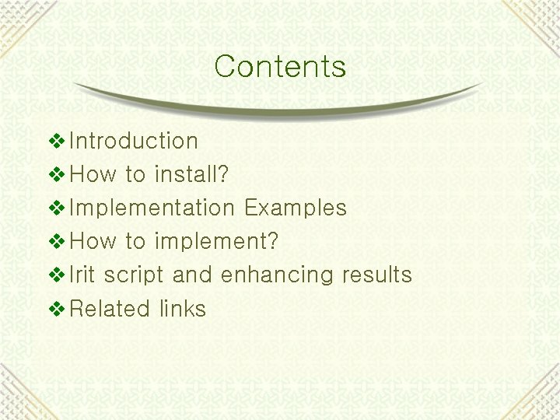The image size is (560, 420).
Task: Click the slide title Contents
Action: point(280,66)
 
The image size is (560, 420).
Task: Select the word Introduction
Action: point(134,141)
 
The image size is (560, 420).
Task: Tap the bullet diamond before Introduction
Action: point(58,141)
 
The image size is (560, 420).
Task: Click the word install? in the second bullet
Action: point(191,174)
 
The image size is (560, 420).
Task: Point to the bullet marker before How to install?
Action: point(58,174)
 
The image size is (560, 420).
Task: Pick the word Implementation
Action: point(152,208)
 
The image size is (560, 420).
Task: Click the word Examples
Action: point(295,208)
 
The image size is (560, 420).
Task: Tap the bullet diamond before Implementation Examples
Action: point(58,208)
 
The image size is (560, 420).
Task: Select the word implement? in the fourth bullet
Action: point(216,242)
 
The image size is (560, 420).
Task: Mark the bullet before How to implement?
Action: point(58,242)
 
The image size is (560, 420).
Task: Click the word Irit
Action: point(83,275)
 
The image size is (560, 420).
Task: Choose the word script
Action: point(134,275)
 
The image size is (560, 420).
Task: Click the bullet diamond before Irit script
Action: point(58,275)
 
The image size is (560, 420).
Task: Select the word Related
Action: point(109,309)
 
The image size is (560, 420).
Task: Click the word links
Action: point(183,309)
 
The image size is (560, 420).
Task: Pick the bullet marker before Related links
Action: point(58,309)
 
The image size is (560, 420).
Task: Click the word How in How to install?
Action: point(93,174)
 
